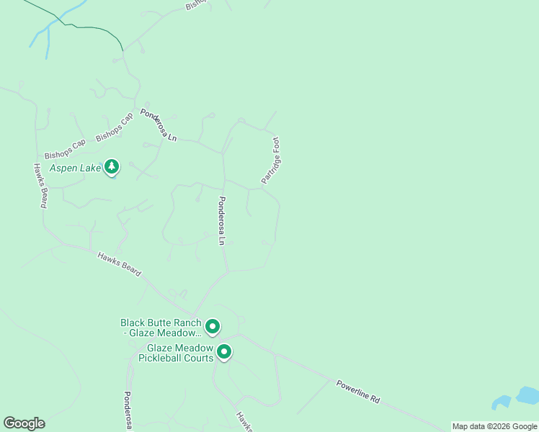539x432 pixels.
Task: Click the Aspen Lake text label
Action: (x=74, y=168)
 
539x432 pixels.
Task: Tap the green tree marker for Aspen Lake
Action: (x=111, y=167)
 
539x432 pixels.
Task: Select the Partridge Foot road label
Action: (x=270, y=161)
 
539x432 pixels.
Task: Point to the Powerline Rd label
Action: (x=357, y=391)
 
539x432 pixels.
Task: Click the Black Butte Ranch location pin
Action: (x=213, y=328)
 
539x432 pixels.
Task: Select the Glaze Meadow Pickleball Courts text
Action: (x=176, y=353)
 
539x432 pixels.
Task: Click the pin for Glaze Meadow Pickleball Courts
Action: (x=224, y=352)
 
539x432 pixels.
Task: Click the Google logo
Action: (x=24, y=423)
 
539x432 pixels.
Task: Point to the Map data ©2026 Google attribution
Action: (x=494, y=426)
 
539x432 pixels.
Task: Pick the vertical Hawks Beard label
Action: (x=40, y=186)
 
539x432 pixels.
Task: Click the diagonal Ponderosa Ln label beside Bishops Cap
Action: (x=159, y=125)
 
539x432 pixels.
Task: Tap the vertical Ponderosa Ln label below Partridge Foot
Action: (x=222, y=221)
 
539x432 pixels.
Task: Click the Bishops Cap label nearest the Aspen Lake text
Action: (x=65, y=149)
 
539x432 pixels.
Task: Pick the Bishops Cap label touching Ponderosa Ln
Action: (x=115, y=127)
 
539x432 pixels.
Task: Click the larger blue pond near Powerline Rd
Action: (x=527, y=395)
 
